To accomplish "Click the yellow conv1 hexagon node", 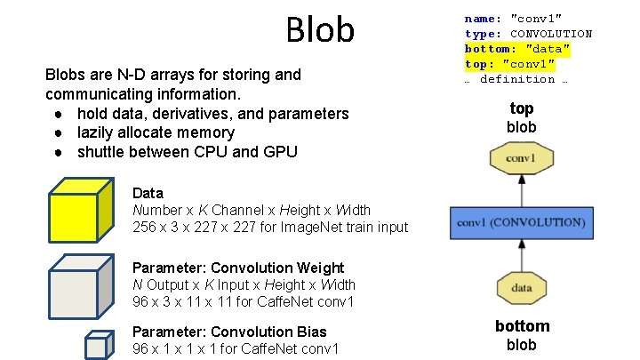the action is click(521, 159).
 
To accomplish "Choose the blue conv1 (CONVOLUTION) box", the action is click(521, 221).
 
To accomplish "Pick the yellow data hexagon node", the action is click(522, 287).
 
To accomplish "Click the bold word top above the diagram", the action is click(522, 108).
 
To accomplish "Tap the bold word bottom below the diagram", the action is click(522, 326).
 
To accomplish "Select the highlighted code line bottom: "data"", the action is click(516, 48).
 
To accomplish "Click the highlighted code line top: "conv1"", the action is click(510, 64).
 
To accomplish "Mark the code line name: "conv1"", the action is click(513, 18).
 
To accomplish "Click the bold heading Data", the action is click(148, 192).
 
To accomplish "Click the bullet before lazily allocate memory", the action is click(57, 133).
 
